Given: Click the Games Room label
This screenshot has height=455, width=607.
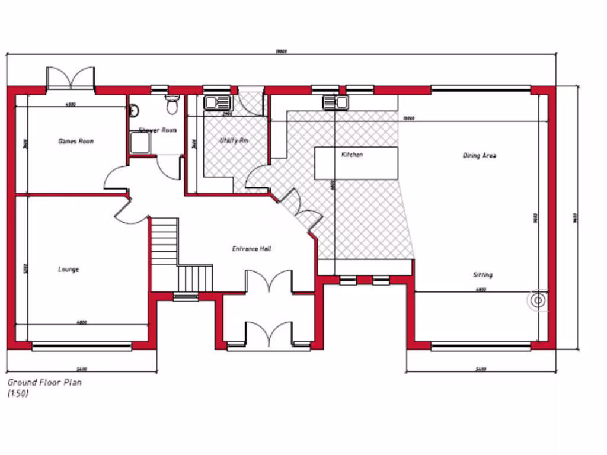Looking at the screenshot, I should (x=76, y=141).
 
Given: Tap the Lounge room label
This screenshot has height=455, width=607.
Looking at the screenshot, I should (x=68, y=270).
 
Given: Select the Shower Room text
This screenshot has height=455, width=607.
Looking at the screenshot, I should (x=157, y=130).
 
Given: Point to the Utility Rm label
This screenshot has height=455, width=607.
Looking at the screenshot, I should (x=233, y=141).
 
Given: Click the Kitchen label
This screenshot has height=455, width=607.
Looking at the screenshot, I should (x=352, y=155).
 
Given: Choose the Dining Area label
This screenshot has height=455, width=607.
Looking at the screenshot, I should (x=479, y=156).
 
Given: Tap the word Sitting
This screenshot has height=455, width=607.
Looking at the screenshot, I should (x=482, y=275).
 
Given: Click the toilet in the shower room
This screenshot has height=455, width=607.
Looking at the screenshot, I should (x=172, y=105).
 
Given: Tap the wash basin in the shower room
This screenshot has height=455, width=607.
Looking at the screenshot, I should (x=133, y=110).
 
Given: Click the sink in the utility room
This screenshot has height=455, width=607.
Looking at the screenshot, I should (x=213, y=102).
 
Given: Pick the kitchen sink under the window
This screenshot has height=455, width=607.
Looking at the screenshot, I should (x=334, y=102).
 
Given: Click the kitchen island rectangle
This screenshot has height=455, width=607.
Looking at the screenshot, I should (x=356, y=164).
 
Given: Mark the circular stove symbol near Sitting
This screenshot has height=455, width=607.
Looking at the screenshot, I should (x=538, y=300).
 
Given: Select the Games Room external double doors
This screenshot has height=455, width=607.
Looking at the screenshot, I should (x=71, y=78).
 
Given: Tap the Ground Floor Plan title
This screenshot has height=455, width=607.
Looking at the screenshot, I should (x=44, y=383).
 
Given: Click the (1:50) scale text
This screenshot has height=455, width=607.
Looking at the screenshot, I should (x=18, y=393).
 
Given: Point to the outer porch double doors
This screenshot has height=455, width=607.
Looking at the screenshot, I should (x=270, y=335).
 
